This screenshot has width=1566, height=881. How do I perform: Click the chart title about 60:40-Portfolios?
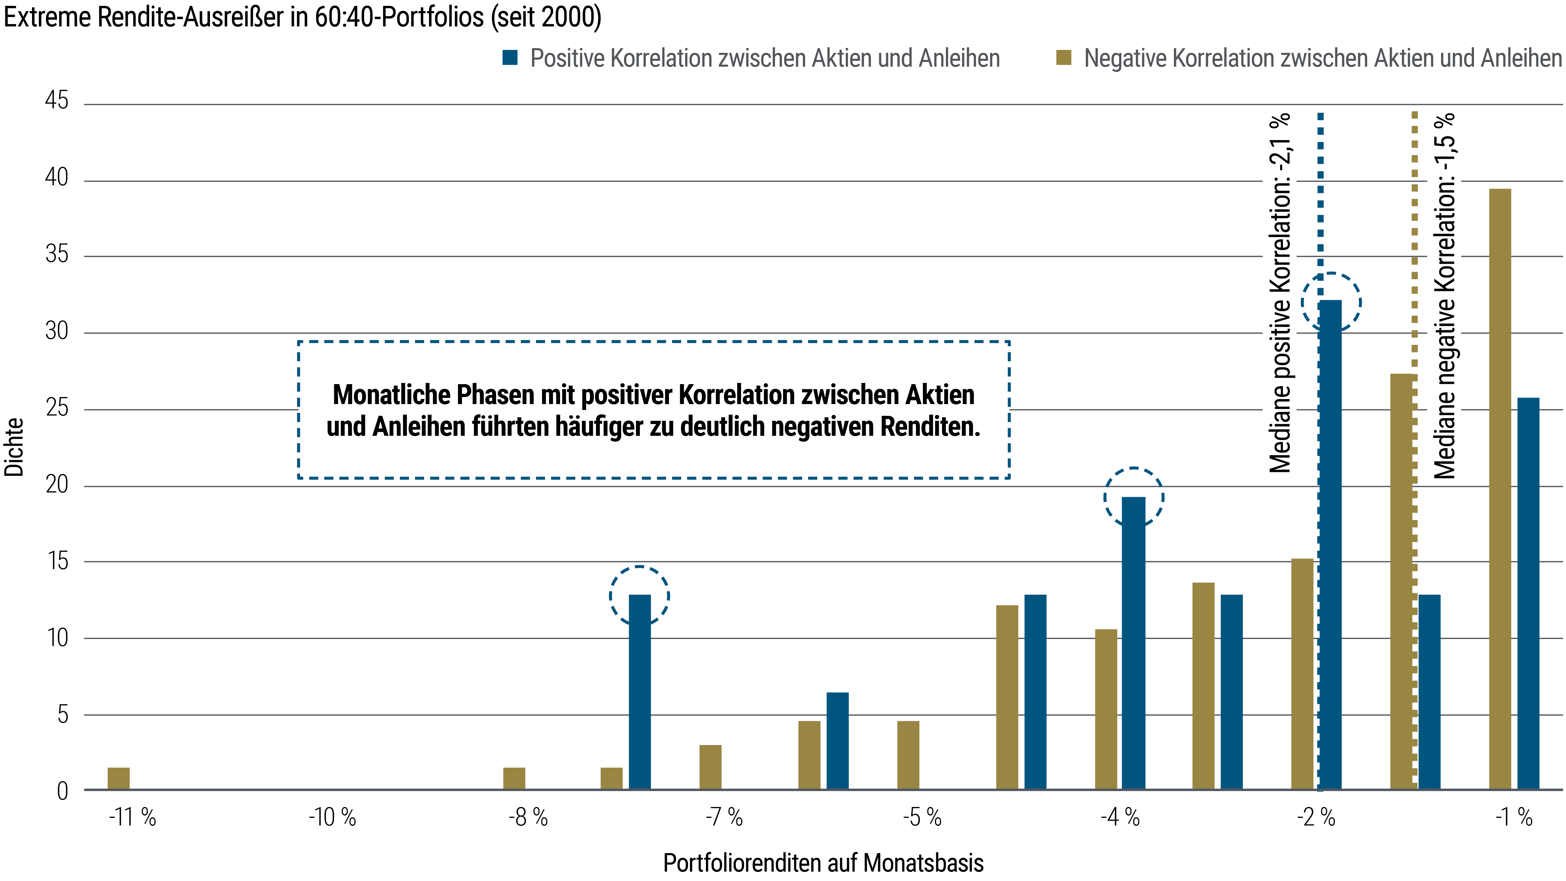(x=302, y=17)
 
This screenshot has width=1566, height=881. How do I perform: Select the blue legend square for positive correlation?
(x=509, y=58)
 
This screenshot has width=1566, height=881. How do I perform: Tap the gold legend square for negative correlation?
(x=1063, y=58)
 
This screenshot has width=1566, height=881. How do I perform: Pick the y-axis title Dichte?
(x=14, y=447)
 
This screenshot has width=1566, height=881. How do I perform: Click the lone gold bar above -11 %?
(x=119, y=779)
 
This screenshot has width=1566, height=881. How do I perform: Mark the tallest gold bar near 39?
(x=1500, y=486)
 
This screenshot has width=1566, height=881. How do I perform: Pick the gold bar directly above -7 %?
(x=710, y=767)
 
